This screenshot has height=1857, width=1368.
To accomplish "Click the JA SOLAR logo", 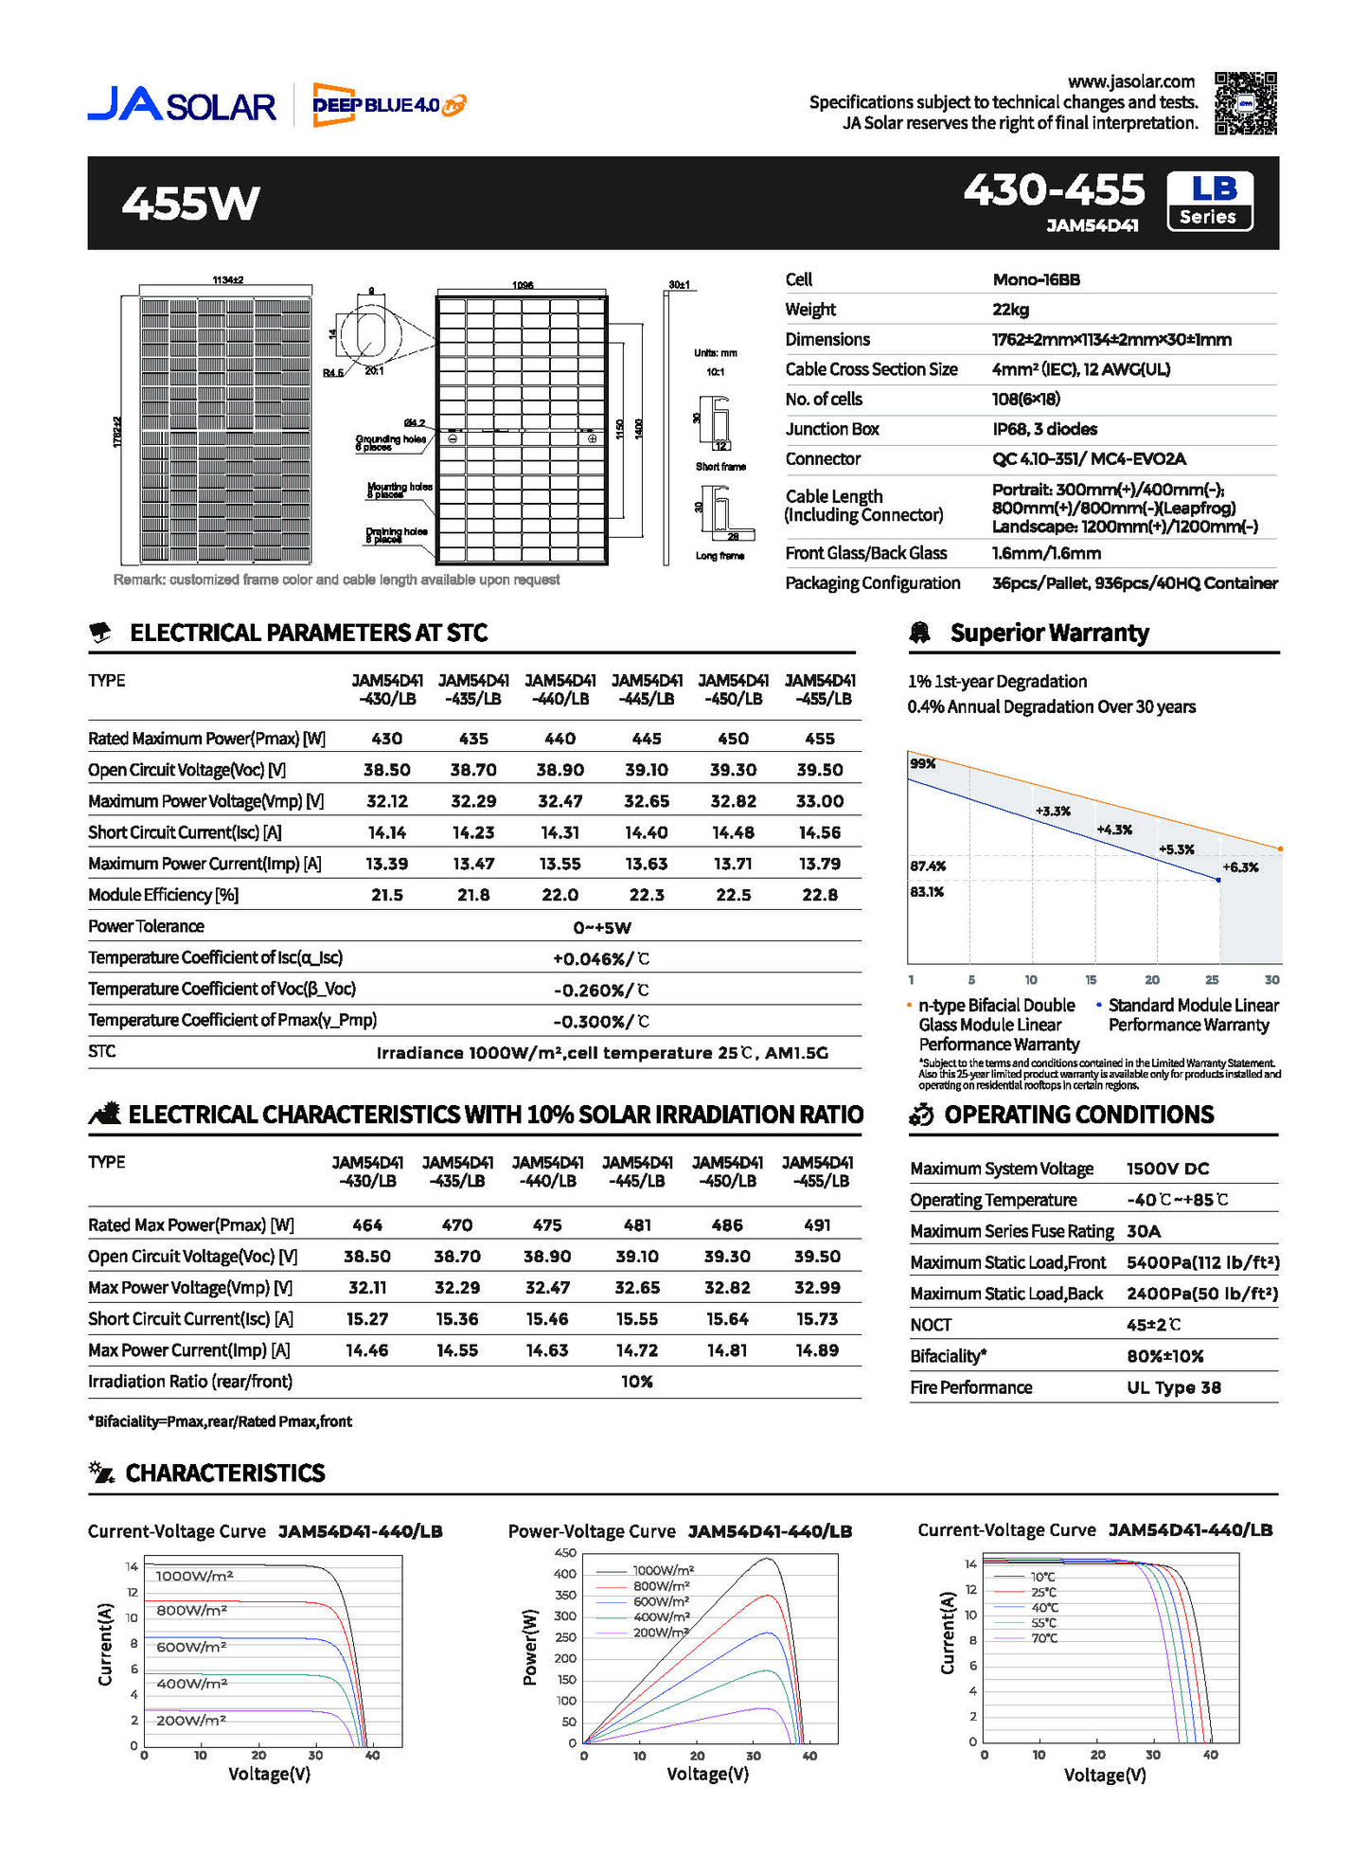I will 182,104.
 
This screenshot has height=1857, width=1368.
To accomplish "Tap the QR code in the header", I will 1245,103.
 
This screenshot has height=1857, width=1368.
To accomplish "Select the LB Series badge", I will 1209,201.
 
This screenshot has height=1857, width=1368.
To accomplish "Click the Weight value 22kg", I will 1010,310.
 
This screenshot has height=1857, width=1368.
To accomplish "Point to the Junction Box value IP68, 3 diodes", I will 1044,429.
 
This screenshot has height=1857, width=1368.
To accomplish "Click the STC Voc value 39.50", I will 819,770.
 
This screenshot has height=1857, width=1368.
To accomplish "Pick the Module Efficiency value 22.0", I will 560,895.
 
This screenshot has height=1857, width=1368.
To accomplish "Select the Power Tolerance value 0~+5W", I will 602,927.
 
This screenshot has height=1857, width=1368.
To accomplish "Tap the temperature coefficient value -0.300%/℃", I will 601,1022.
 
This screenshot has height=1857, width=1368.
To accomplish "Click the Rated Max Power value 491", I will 817,1225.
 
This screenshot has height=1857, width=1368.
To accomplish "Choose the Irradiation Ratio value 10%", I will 637,1382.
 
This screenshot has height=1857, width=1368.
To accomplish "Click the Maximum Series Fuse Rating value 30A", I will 1144,1231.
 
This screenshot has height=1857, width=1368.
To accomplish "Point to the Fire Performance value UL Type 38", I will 1173,1387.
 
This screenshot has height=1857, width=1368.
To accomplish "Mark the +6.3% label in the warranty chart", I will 1240,867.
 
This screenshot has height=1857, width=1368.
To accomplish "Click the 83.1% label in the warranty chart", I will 927,892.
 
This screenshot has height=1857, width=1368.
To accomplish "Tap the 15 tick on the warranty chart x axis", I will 1091,980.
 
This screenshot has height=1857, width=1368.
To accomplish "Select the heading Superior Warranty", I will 1049,633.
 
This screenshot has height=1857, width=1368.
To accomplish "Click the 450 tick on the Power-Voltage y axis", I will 565,1553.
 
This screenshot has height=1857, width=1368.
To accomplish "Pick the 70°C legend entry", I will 1044,1638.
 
